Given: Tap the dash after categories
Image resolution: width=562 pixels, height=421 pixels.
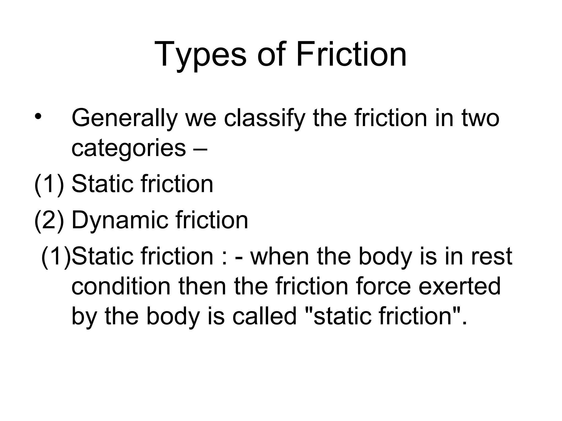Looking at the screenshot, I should [201, 149].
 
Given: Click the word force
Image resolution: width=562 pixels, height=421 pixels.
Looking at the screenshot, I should [384, 286].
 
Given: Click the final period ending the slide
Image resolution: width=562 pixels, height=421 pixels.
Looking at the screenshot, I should [464, 323].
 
